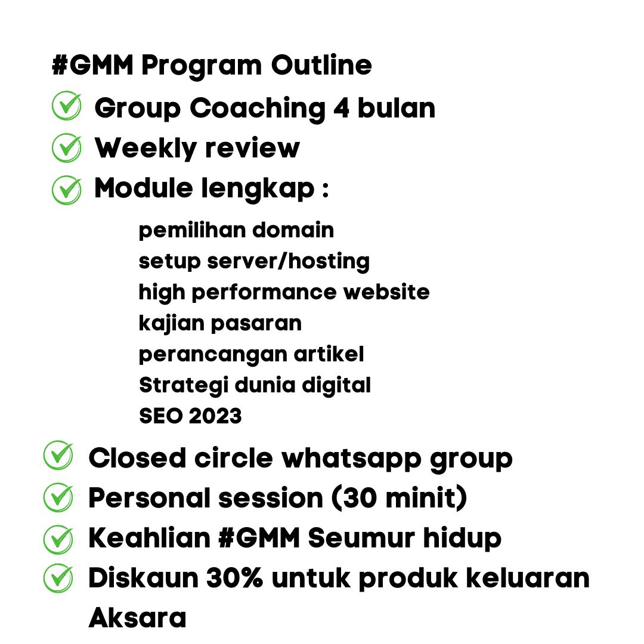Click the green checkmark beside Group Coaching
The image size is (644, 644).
(67, 106)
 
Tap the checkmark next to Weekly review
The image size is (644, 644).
(67, 148)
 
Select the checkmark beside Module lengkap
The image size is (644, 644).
(67, 190)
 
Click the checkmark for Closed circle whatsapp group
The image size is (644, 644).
(58, 455)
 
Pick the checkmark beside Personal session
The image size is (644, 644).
(58, 497)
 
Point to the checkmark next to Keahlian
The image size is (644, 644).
(58, 539)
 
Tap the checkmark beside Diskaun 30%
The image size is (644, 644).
(58, 578)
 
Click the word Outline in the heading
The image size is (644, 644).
(321, 65)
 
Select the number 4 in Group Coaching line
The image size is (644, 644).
(341, 108)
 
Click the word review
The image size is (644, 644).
(252, 148)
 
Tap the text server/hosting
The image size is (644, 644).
(288, 261)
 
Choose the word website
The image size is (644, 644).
(386, 292)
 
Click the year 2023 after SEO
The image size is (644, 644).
(215, 416)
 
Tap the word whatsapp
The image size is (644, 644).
(351, 459)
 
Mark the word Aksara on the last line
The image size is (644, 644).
(138, 617)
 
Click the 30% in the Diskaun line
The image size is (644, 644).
(234, 578)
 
